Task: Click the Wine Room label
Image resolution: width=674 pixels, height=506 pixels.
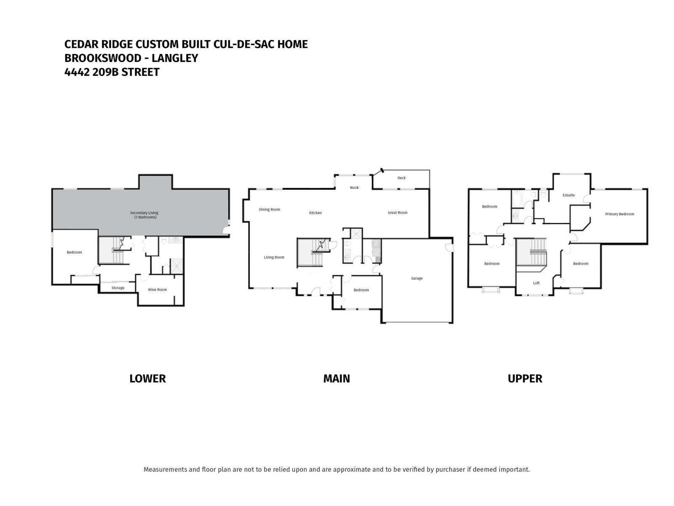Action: point(157,290)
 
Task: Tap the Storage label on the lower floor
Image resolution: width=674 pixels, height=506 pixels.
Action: point(118,288)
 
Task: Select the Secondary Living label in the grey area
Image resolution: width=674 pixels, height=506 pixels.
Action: point(144,213)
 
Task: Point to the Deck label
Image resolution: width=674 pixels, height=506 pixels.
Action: point(401,178)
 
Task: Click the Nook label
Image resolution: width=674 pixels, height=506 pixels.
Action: point(354,188)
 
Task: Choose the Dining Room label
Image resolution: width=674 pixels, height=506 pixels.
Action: point(269,210)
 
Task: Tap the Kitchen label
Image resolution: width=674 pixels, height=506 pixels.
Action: point(315,213)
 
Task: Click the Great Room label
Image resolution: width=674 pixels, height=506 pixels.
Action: point(397,213)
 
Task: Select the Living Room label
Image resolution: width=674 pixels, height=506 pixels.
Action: point(274,257)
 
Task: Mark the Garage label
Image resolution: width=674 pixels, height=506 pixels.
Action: point(417,278)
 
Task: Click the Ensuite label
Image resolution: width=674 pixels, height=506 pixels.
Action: point(569,195)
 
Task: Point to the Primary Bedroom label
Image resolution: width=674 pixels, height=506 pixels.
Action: point(619,214)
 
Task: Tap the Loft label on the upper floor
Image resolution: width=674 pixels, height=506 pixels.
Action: point(536,283)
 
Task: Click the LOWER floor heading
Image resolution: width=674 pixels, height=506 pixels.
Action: point(147,379)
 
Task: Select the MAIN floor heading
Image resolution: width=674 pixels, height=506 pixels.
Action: point(336,379)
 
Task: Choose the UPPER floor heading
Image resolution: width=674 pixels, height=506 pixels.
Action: point(524,379)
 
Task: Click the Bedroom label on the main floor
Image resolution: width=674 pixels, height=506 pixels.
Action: point(361,290)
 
